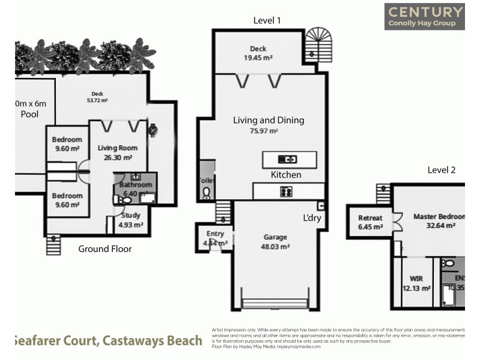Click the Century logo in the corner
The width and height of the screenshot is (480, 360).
tap(425, 16)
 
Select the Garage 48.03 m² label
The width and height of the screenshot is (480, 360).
tap(275, 241)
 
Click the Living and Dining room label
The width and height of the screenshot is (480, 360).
tap(268, 125)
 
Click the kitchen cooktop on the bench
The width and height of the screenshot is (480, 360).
tap(286, 192)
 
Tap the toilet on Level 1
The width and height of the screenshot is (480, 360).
tap(206, 191)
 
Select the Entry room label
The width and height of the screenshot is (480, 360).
tap(215, 238)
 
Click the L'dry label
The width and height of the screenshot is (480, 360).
tap(311, 218)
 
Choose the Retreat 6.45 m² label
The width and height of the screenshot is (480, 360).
tap(370, 222)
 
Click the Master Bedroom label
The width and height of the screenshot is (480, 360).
tap(439, 221)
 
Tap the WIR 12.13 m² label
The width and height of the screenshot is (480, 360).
tap(416, 283)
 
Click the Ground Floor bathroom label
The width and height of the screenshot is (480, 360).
tap(136, 189)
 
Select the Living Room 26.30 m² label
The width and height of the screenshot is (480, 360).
tap(118, 152)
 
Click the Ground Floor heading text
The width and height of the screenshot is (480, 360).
tap(105, 249)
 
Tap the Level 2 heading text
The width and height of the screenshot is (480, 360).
tap(441, 170)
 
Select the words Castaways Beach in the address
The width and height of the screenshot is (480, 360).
tap(152, 341)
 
